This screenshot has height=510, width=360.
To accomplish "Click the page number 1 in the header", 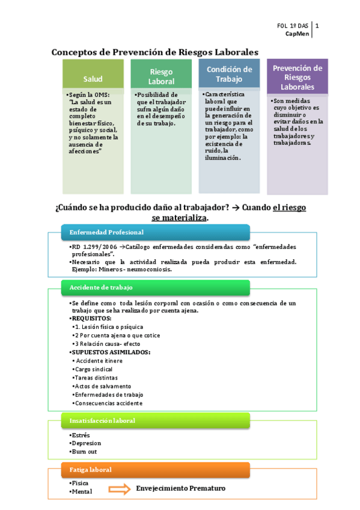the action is point(317,26).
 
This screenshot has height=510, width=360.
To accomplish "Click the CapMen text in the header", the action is point(297,34).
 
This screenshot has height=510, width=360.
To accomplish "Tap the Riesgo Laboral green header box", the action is point(161,76).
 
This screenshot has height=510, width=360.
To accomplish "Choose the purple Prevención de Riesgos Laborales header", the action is point(297,78).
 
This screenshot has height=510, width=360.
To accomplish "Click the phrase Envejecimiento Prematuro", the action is point(180,488).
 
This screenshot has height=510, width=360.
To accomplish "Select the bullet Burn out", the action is point(84,452).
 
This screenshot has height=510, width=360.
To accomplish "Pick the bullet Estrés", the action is point(80,435).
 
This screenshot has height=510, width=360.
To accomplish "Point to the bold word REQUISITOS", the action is point(91,318).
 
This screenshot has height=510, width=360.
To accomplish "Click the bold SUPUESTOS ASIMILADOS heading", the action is point(111,352).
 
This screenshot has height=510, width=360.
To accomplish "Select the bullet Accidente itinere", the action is point(99,360).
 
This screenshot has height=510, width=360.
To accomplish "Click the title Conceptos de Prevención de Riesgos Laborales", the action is point(155,52).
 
